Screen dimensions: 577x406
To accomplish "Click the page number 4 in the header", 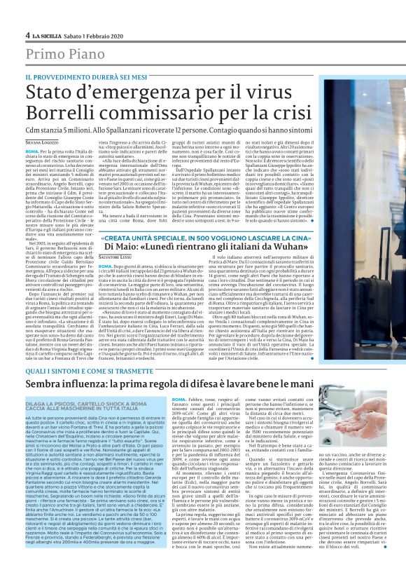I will (27, 35).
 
